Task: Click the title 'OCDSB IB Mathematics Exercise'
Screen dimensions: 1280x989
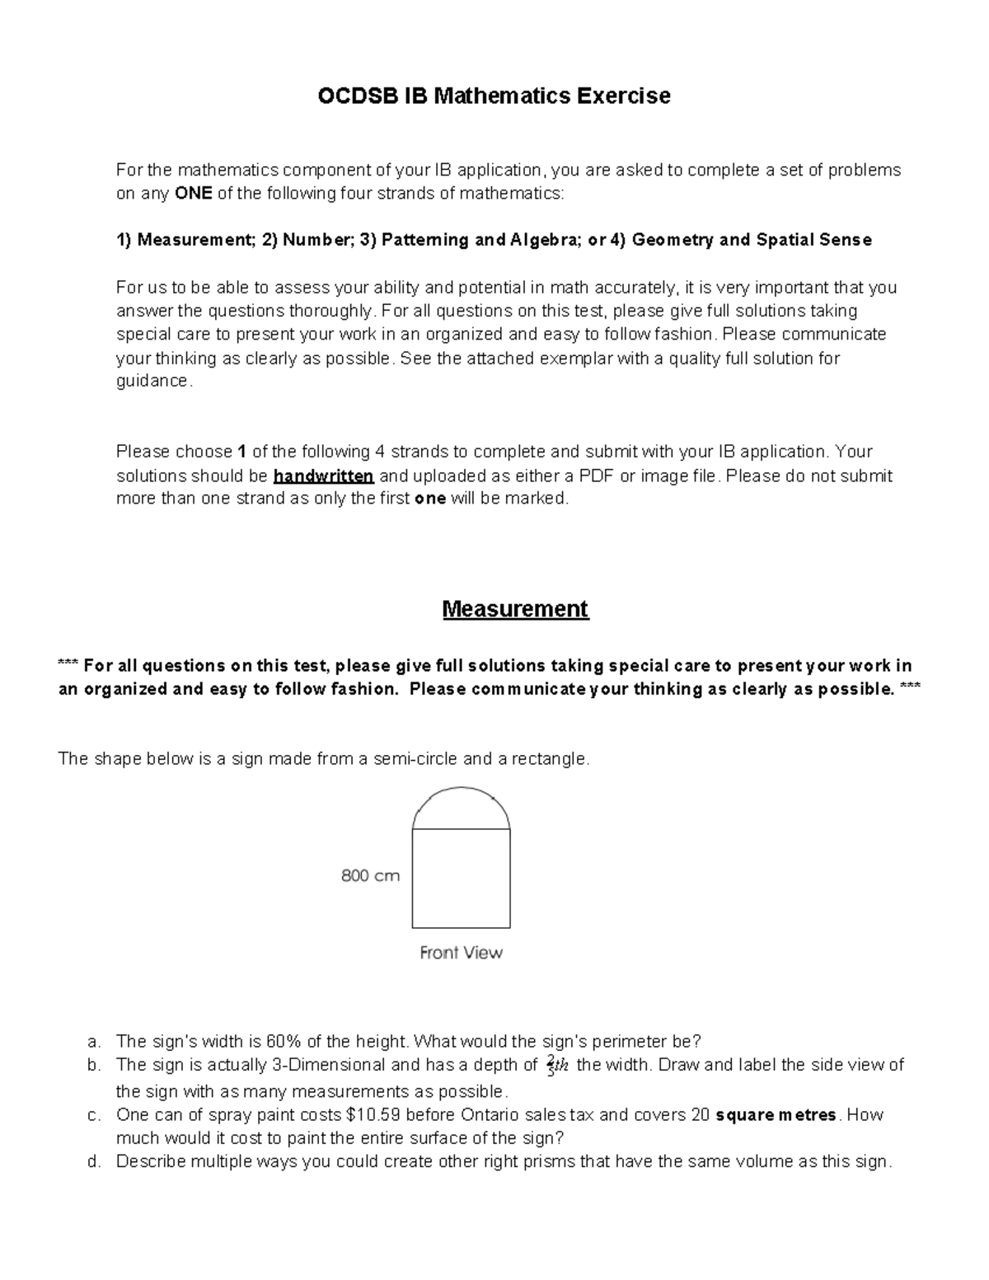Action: (494, 96)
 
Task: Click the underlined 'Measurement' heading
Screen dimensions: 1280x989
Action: (515, 609)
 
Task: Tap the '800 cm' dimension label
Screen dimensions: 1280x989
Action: (370, 876)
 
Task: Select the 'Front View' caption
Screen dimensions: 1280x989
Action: (461, 953)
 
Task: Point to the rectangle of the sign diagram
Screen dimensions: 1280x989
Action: (461, 879)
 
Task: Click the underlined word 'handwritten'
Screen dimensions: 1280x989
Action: (324, 476)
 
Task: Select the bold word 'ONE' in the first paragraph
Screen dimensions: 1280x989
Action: (194, 194)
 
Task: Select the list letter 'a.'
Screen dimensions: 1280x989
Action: (93, 1041)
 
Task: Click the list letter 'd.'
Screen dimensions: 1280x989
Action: (93, 1162)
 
